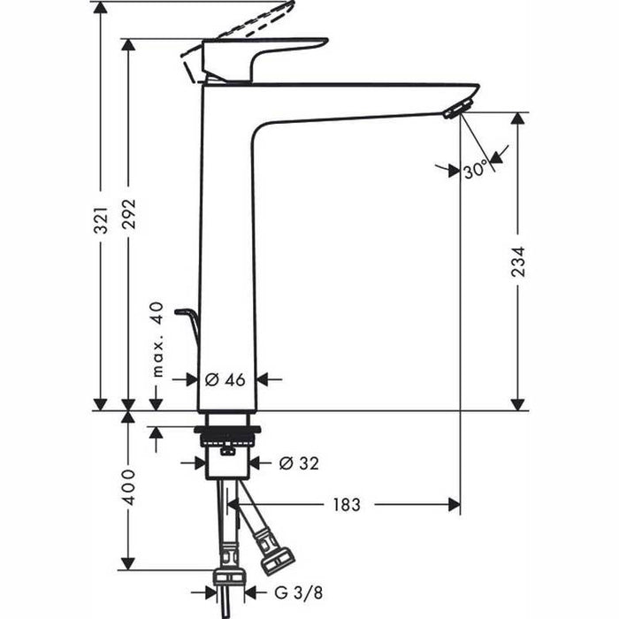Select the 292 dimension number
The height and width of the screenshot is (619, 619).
129,214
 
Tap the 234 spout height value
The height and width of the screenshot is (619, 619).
518,263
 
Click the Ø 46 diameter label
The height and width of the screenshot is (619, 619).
225,379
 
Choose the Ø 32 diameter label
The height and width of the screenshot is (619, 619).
299,462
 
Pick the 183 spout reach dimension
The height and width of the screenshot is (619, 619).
347,505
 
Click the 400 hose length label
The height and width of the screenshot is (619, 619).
129,488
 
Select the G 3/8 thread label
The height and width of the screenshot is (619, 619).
287,592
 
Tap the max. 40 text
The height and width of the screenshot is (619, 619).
157,340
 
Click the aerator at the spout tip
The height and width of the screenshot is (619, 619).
455,109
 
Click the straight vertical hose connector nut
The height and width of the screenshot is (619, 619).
228,577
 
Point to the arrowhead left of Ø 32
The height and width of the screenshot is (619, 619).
199,462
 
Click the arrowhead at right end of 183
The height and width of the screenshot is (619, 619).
454,505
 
